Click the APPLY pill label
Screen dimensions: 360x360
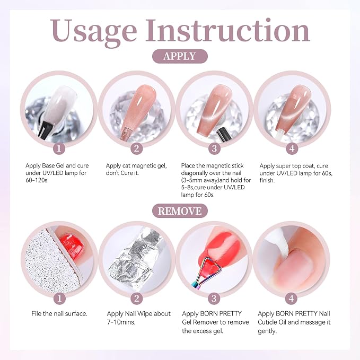pyautogui.click(x=180, y=56)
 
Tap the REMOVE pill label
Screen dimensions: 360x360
pyautogui.click(x=180, y=211)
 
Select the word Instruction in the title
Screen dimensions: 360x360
pyautogui.click(x=228, y=30)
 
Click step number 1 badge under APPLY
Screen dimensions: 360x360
pyautogui.click(x=59, y=148)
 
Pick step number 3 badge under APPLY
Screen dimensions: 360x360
pyautogui.click(x=214, y=148)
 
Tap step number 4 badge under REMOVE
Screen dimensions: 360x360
pyautogui.click(x=292, y=298)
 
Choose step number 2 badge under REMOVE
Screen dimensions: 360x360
pyautogui.click(x=137, y=298)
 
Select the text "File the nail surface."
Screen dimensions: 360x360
pyautogui.click(x=59, y=314)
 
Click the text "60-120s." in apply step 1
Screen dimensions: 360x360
pyautogui.click(x=37, y=180)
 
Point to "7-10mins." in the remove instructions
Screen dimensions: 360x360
pyautogui.click(x=121, y=322)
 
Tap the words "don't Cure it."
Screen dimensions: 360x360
pyautogui.click(x=122, y=173)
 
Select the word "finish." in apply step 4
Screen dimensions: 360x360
pyautogui.click(x=267, y=180)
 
